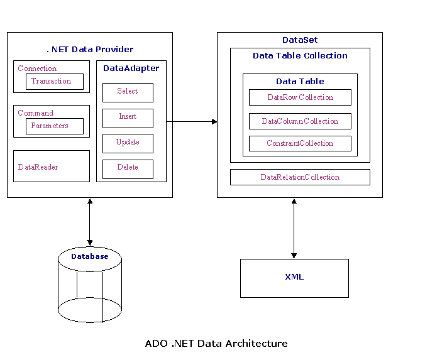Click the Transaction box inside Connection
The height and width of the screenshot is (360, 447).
pyautogui.click(x=54, y=82)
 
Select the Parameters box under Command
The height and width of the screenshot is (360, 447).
pyautogui.click(x=54, y=126)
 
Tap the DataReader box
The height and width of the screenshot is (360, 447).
pyautogui.click(x=52, y=166)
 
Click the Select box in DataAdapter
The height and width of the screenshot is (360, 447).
pyautogui.click(x=128, y=92)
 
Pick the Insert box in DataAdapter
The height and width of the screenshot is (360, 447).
pyautogui.click(x=128, y=117)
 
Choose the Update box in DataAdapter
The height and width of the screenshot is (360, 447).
pyautogui.click(x=128, y=143)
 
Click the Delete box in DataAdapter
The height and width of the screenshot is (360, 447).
pyautogui.click(x=128, y=168)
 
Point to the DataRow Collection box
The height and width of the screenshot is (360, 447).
pyautogui.click(x=300, y=97)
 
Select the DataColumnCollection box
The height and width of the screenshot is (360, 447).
pyautogui.click(x=300, y=121)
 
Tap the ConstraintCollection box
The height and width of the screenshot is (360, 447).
pyautogui.click(x=300, y=143)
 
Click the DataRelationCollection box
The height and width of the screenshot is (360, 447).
pyautogui.click(x=300, y=177)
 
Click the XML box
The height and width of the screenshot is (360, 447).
pyautogui.click(x=294, y=278)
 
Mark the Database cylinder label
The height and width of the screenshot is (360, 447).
pyautogui.click(x=89, y=256)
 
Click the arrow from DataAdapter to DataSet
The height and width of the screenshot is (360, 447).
pyautogui.click(x=192, y=121)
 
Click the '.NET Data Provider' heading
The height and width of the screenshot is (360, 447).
pyautogui.click(x=90, y=49)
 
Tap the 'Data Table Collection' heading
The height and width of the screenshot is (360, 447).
pyautogui.click(x=300, y=56)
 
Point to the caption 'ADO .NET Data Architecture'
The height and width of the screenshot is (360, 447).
pyautogui.click(x=216, y=344)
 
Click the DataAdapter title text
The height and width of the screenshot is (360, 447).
pyautogui.click(x=131, y=68)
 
